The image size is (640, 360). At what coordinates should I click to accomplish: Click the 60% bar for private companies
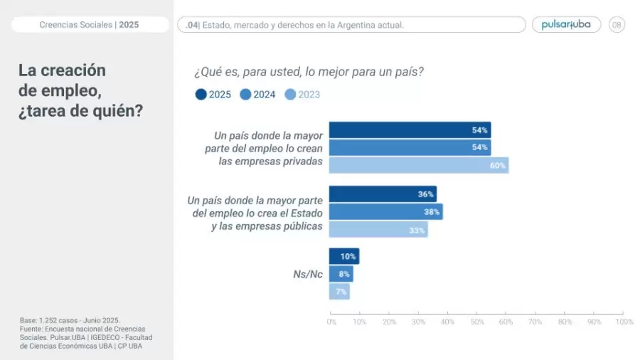tap(418, 165)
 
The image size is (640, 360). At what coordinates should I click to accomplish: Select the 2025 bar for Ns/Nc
tap(343, 256)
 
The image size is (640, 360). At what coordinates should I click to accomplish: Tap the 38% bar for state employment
tap(385, 211)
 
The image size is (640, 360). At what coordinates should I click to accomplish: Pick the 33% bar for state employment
tap(378, 229)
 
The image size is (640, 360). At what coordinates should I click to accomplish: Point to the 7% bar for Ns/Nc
tap(339, 291)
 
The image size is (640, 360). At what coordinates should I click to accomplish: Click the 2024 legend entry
tap(258, 95)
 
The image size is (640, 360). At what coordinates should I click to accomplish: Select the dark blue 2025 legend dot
tap(201, 95)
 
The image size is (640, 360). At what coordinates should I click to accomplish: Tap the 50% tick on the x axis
tap(477, 322)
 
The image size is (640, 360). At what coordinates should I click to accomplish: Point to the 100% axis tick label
tap(624, 322)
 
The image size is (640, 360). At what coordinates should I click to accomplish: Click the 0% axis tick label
tap(331, 322)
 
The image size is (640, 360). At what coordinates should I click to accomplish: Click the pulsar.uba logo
tap(566, 25)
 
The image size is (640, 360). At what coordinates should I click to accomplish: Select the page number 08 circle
tap(617, 25)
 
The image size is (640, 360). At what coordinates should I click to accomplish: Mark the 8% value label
tap(344, 274)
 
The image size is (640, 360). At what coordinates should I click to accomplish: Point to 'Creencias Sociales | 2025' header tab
tap(89, 25)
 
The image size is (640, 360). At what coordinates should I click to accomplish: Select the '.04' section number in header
tap(191, 25)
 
